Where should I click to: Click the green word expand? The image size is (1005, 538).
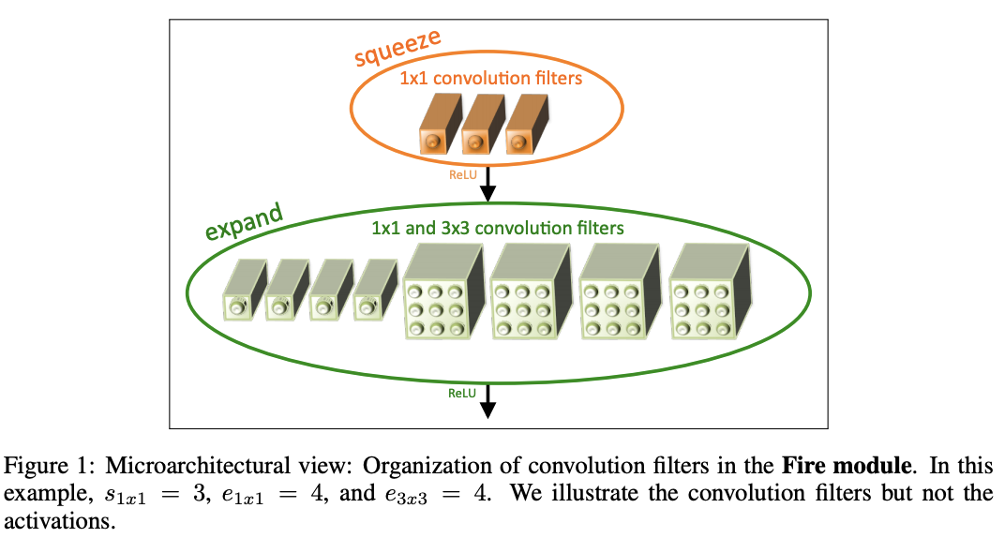(x=244, y=218)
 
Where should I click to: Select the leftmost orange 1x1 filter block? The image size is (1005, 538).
(x=435, y=130)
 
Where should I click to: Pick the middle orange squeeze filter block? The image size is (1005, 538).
(x=478, y=130)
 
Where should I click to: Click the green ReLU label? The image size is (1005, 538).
(x=462, y=393)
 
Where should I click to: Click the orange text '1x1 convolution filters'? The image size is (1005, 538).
(x=490, y=78)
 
